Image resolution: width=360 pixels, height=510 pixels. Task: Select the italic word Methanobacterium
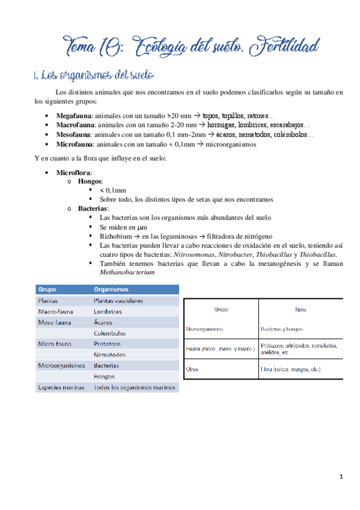pos(127,272)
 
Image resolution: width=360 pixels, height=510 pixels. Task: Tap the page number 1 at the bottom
pos(341,477)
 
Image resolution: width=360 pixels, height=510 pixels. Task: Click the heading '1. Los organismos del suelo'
pos(95,76)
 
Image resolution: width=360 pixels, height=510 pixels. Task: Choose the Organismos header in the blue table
pos(112,289)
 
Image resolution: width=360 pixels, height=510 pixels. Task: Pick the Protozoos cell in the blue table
pos(108,343)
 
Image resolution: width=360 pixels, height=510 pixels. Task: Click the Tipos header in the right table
pos(301,310)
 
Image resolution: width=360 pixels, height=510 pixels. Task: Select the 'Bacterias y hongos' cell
pos(282,329)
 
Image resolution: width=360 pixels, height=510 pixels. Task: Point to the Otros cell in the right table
pos(192,369)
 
